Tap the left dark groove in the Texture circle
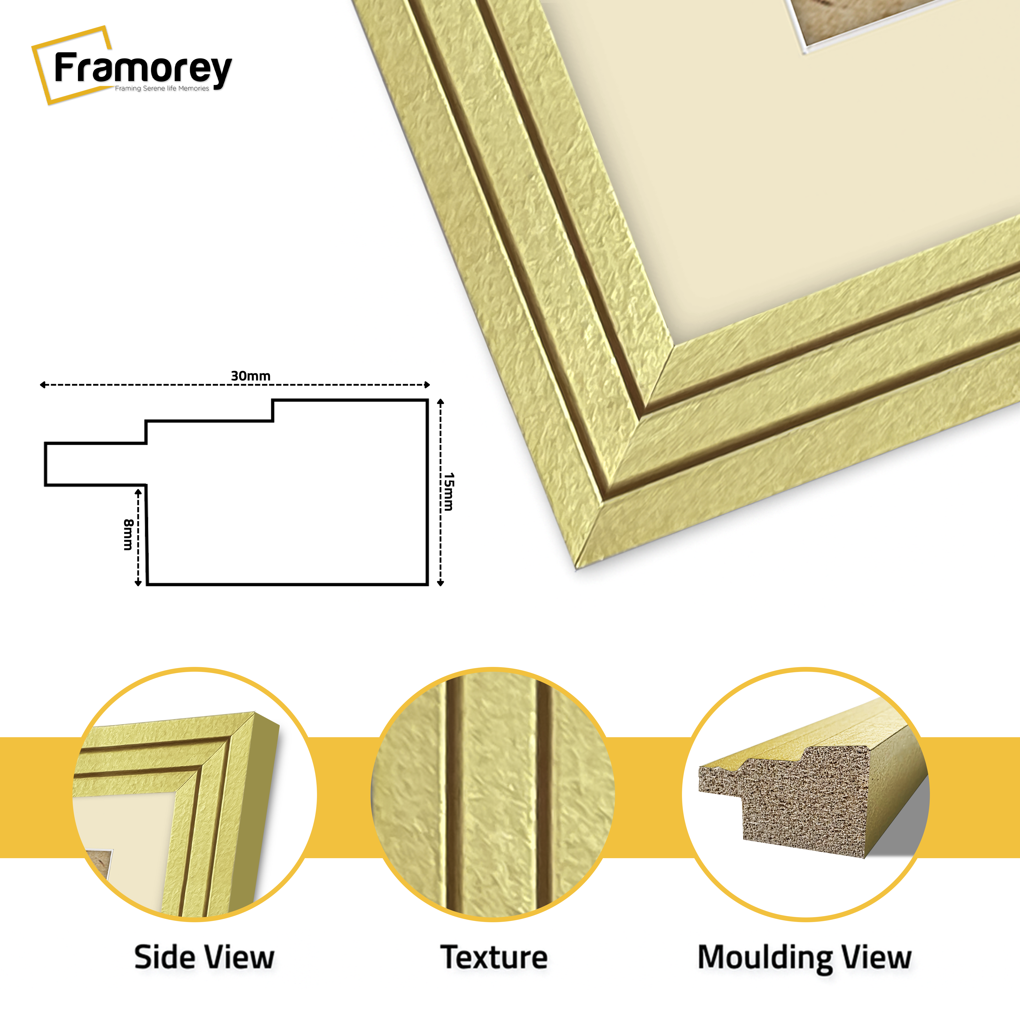coord(453,792)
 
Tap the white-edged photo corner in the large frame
coord(802,50)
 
